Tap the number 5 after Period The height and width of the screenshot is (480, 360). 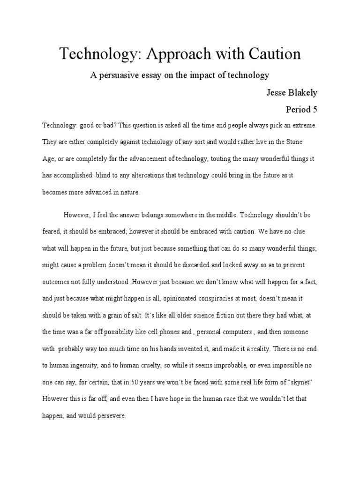[315, 110]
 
